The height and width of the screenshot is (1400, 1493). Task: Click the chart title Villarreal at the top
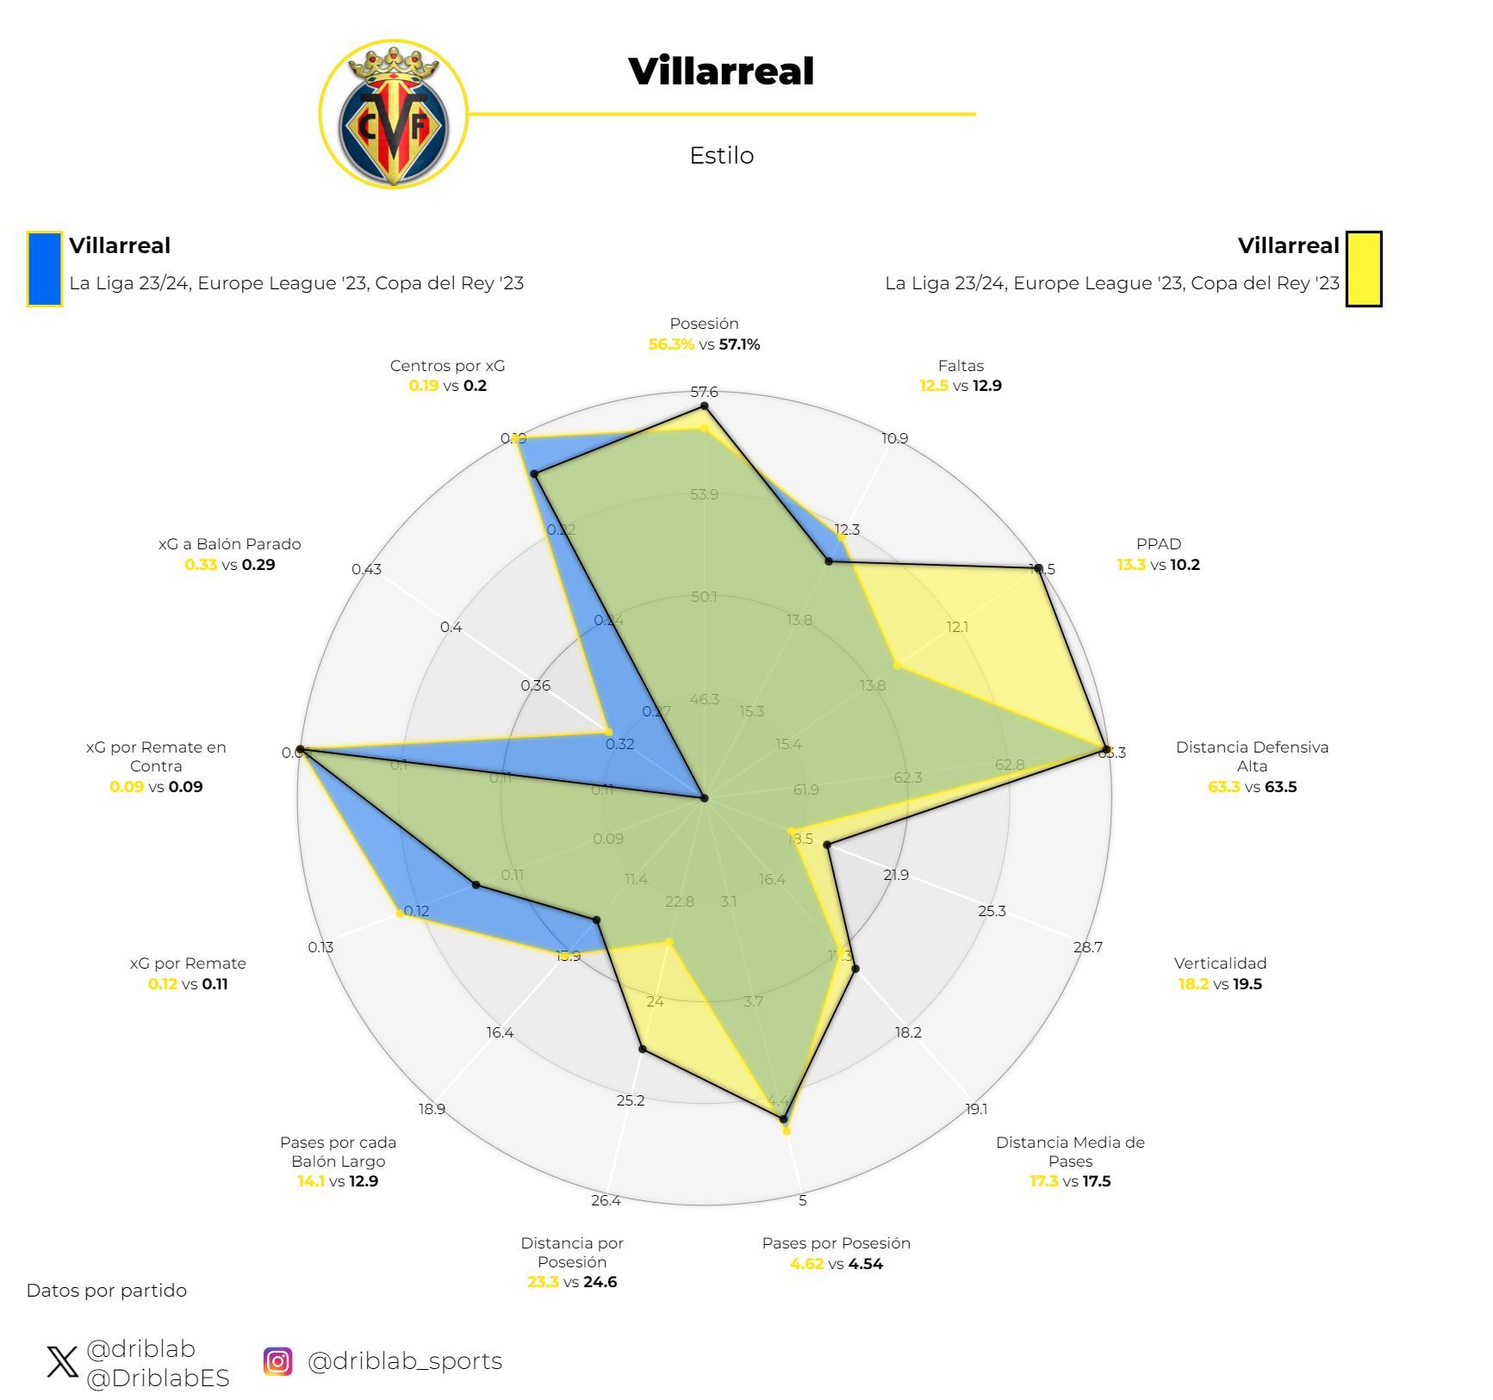tap(721, 71)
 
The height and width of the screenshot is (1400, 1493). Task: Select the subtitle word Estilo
tap(721, 156)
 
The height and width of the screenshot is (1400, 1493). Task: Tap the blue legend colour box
tap(44, 269)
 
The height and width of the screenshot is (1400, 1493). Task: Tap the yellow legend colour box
tap(1364, 269)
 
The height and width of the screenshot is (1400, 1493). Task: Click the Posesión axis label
tap(704, 324)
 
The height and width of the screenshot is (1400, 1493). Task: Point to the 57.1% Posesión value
tap(739, 344)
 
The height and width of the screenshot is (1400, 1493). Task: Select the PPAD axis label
tap(1158, 544)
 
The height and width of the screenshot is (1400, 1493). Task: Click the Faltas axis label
tap(961, 366)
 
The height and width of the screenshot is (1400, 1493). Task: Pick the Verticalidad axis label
tap(1220, 963)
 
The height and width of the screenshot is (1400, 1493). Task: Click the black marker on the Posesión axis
tap(704, 406)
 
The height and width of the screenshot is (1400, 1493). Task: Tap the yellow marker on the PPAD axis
tap(897, 665)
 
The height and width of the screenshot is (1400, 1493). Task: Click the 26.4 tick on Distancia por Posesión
tap(606, 1200)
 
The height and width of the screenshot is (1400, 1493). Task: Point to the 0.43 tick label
tap(366, 569)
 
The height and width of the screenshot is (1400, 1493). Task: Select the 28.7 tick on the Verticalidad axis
tap(1087, 947)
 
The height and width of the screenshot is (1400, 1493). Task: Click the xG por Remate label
tap(188, 963)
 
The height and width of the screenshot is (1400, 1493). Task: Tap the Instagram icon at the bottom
tap(277, 1360)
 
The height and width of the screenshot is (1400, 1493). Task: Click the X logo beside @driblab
tap(62, 1361)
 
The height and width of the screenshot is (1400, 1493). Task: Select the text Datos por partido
tap(107, 1291)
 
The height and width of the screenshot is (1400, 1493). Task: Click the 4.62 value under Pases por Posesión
tap(806, 1264)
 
